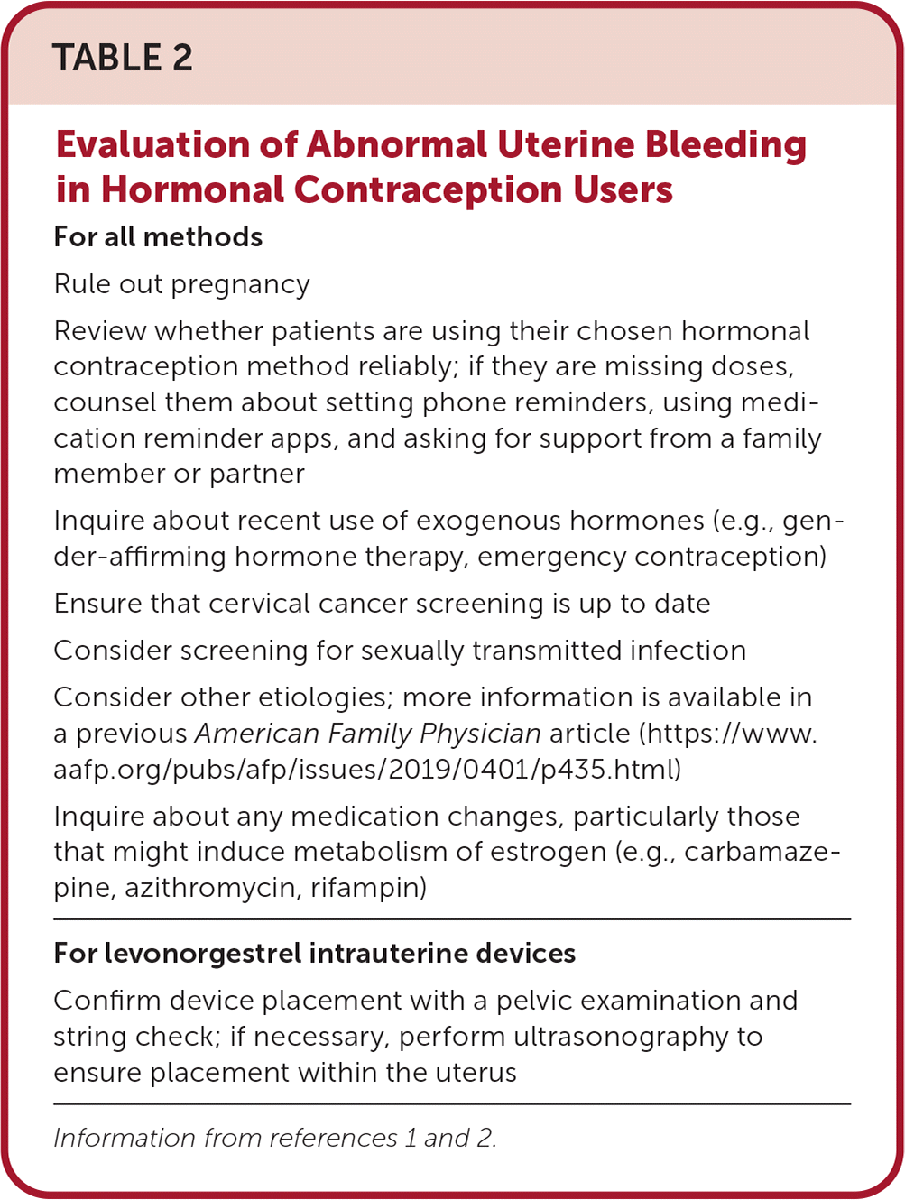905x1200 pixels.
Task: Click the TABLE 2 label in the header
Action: (x=123, y=59)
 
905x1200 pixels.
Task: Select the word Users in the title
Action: (x=622, y=190)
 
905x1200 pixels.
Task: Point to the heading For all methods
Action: (x=158, y=237)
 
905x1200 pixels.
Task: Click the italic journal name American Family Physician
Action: (x=368, y=734)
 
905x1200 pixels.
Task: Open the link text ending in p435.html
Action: (x=367, y=770)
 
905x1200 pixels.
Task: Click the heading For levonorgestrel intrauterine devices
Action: (x=314, y=954)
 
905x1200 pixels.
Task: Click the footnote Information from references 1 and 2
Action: (x=275, y=1138)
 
